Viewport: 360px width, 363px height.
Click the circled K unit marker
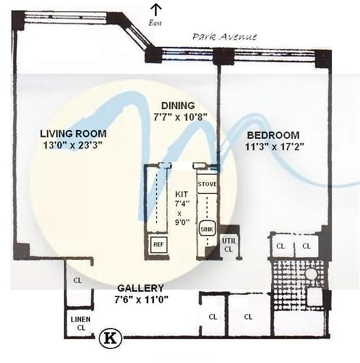coord(111,338)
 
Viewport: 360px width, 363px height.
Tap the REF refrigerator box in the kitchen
coord(158,244)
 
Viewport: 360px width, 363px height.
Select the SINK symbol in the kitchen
coord(207,229)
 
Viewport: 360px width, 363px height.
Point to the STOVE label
coord(207,184)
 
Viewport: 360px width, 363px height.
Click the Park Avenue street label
coord(225,37)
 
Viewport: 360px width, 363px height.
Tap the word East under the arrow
coord(155,23)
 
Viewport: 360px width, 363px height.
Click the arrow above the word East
coord(156,10)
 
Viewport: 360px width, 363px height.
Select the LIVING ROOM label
coord(73,134)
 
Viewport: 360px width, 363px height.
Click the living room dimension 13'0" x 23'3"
coord(73,146)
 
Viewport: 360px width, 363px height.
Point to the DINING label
coord(178,105)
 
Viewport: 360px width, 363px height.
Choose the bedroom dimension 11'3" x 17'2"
coord(274,147)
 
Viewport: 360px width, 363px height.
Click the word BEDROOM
coord(273,135)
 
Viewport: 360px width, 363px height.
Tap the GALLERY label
coord(140,288)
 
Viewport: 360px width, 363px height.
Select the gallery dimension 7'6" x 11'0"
coord(141,300)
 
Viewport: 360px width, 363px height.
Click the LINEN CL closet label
coord(80,323)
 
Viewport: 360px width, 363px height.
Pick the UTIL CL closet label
coord(229,245)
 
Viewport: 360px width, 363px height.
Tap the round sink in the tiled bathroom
coord(311,274)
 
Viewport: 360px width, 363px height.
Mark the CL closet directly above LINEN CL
coord(78,280)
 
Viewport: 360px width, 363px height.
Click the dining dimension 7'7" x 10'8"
coord(180,117)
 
